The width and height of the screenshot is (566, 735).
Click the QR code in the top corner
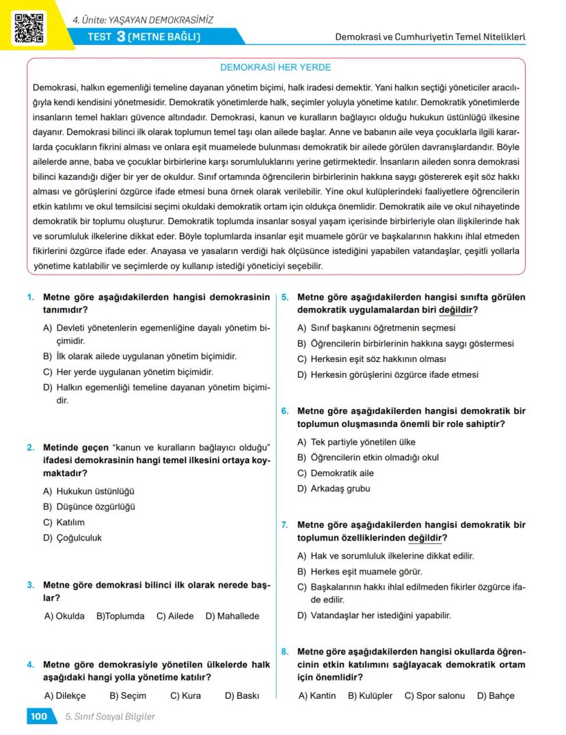click(29, 27)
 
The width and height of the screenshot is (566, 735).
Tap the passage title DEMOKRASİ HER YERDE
click(275, 68)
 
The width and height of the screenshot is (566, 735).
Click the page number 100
click(38, 717)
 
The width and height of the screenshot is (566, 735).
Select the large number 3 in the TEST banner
click(120, 36)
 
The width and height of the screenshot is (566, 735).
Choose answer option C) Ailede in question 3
click(175, 616)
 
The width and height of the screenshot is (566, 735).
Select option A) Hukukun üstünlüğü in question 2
click(89, 491)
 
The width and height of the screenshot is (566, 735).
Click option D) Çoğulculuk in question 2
click(72, 538)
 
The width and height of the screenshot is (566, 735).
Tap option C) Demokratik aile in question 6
click(335, 473)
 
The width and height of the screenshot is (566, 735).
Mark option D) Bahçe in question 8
click(496, 696)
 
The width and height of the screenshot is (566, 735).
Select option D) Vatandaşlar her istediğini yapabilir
click(374, 615)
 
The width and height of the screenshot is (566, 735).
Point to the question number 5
click(285, 298)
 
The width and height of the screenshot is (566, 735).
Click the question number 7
click(285, 525)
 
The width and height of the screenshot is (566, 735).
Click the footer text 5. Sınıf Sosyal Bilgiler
click(110, 717)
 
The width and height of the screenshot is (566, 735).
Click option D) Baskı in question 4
click(242, 696)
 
